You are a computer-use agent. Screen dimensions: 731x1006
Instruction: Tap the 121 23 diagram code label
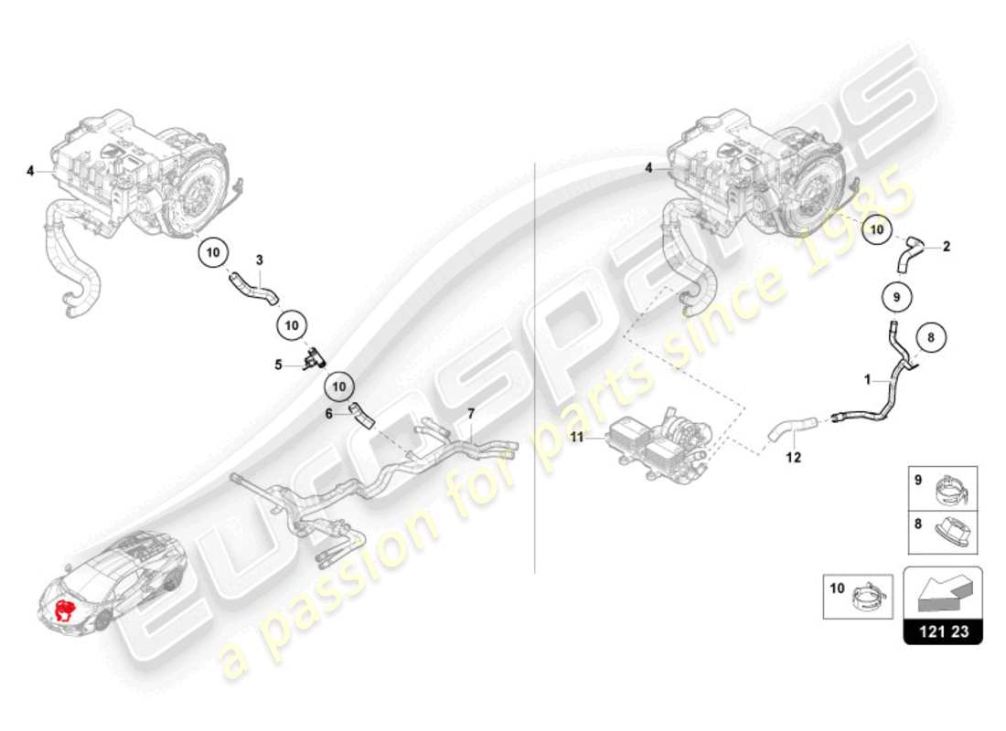(943, 631)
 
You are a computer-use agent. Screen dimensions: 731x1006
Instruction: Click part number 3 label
(259, 260)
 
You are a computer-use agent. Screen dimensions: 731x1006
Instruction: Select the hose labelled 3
(252, 288)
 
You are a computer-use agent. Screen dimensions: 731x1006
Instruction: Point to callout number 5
(279, 365)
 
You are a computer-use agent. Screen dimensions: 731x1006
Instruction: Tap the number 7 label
(471, 414)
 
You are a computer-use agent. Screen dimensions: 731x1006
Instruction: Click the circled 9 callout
(896, 297)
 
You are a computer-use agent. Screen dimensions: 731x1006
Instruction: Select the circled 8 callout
(931, 337)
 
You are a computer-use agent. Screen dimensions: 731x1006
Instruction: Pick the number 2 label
(947, 246)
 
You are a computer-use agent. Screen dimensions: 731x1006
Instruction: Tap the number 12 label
(793, 457)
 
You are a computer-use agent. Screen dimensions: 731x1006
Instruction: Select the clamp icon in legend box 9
(953, 494)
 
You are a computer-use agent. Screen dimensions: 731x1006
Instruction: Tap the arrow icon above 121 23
(942, 594)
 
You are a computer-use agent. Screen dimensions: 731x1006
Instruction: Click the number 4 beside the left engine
(30, 171)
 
